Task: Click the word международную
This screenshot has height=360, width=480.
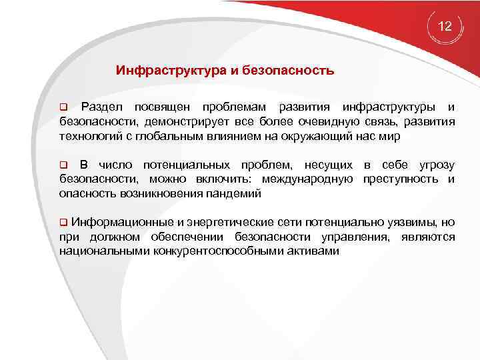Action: (x=307, y=179)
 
